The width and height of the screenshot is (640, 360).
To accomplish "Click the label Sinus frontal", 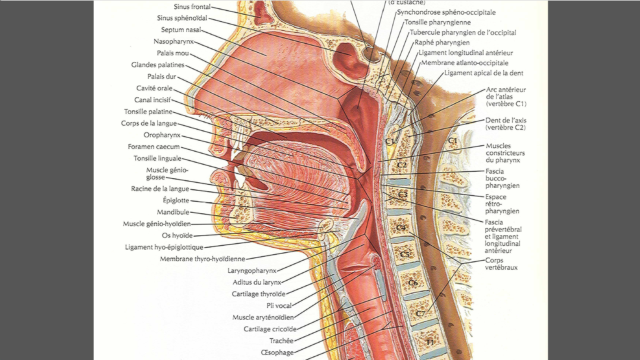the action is pos(192,7).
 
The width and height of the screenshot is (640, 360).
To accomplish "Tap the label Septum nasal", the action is pos(181,30).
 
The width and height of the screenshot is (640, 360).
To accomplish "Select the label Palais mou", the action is pos(173,53).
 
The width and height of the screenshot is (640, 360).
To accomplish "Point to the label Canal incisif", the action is pos(152,100).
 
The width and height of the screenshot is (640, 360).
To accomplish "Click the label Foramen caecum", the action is pos(154,146).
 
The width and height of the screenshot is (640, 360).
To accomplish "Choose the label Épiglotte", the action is pos(176,200).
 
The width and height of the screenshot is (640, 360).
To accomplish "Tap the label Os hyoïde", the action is pos(177,235).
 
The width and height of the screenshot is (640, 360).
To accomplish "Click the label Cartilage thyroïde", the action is pos(259,294).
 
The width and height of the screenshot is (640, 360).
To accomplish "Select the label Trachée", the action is pos(281,341).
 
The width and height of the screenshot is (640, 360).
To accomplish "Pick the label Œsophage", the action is pos(277,352).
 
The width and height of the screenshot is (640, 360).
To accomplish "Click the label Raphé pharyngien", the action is pos(442,43).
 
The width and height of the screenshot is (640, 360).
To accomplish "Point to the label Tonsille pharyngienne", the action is pos(438,22).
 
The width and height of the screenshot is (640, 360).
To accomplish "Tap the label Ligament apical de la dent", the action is pos(484,73).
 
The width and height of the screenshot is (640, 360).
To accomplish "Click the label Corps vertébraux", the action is pos(501,264).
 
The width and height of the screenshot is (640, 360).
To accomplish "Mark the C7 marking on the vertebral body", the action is pos(421,314).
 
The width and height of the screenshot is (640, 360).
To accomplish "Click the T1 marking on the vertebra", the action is pos(430,342).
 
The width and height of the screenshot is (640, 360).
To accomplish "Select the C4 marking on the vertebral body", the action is pos(401,228).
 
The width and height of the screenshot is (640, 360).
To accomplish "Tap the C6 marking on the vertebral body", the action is pos(413,283).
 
